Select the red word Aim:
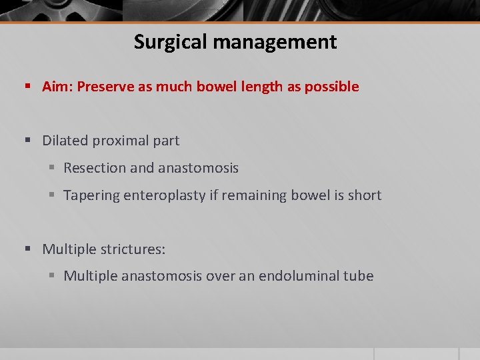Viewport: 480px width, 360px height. (57, 87)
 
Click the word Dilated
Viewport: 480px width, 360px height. (65, 141)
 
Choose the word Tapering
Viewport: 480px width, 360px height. (91, 195)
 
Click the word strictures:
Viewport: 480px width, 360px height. (133, 249)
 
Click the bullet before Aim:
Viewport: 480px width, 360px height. (28, 87)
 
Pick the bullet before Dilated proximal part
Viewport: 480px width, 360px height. (28, 141)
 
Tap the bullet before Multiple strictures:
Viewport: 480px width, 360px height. (28, 249)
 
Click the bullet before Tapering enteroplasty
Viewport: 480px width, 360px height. (53, 195)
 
